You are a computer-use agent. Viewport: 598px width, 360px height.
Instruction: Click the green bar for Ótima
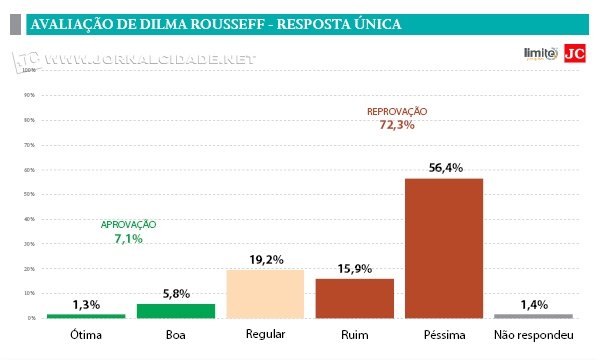[85, 315]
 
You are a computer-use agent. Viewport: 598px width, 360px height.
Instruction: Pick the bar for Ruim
[354, 298]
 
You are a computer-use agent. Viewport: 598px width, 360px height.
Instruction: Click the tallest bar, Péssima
[444, 248]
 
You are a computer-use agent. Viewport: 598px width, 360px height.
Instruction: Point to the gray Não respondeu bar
[533, 315]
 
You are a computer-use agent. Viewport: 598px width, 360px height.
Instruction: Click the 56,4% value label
[444, 168]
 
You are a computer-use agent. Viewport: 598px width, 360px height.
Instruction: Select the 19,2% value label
[265, 259]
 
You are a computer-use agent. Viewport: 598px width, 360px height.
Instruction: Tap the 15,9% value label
[354, 268]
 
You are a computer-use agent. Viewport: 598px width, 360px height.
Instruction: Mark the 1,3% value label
[86, 304]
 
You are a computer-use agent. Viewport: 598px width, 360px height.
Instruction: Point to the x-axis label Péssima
[444, 335]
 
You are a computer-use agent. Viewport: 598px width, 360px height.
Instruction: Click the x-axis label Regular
[265, 335]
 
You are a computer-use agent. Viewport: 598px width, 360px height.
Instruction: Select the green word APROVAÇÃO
[129, 226]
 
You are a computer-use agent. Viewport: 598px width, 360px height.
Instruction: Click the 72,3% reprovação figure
[397, 125]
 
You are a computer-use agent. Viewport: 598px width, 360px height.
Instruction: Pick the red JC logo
[574, 54]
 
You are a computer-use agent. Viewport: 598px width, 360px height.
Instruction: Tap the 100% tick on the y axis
[30, 71]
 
